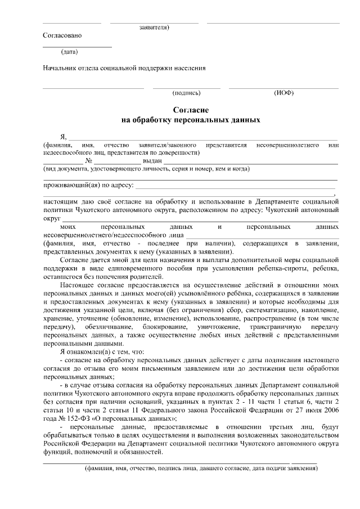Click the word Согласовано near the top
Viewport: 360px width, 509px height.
[x=62, y=35]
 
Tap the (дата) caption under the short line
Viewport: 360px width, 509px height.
[x=69, y=52]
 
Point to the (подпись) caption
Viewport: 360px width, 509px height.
[x=188, y=93]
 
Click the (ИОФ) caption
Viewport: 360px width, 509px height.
[x=283, y=93]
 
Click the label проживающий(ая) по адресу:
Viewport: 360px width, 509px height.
[x=88, y=184]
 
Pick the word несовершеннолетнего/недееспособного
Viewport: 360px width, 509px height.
[x=92, y=235]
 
